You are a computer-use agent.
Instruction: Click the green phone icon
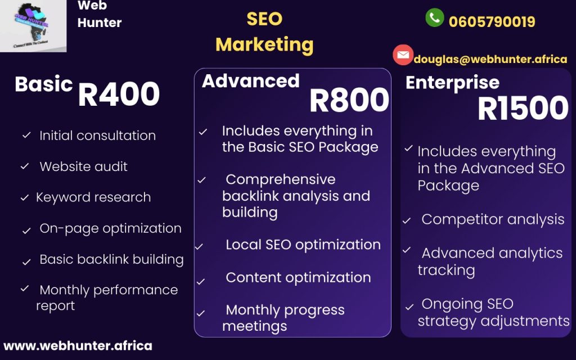pyautogui.click(x=435, y=17)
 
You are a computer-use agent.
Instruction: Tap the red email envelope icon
pyautogui.click(x=403, y=55)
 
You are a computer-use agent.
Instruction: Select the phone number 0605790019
pyautogui.click(x=492, y=22)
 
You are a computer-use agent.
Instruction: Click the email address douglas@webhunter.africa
pyautogui.click(x=490, y=59)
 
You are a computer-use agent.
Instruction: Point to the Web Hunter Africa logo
pyautogui.click(x=33, y=26)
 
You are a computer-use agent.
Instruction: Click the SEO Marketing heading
pyautogui.click(x=264, y=32)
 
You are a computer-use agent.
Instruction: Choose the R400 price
pyautogui.click(x=119, y=94)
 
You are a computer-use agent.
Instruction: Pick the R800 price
pyautogui.click(x=349, y=100)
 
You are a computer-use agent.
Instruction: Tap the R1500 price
pyautogui.click(x=523, y=108)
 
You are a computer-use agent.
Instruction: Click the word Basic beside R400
pyautogui.click(x=44, y=84)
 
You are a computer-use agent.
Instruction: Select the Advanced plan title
pyautogui.click(x=250, y=81)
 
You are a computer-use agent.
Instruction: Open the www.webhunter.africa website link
pyautogui.click(x=78, y=346)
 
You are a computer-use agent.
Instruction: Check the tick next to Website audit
pyautogui.click(x=25, y=166)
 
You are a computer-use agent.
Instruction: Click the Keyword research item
pyautogui.click(x=93, y=197)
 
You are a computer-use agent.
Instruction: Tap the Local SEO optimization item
pyautogui.click(x=303, y=245)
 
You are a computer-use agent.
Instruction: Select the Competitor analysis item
pyautogui.click(x=493, y=219)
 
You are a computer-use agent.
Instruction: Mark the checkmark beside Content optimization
pyautogui.click(x=201, y=282)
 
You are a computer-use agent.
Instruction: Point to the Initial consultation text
pyautogui.click(x=97, y=136)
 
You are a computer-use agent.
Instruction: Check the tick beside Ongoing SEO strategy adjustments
pyautogui.click(x=409, y=307)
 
